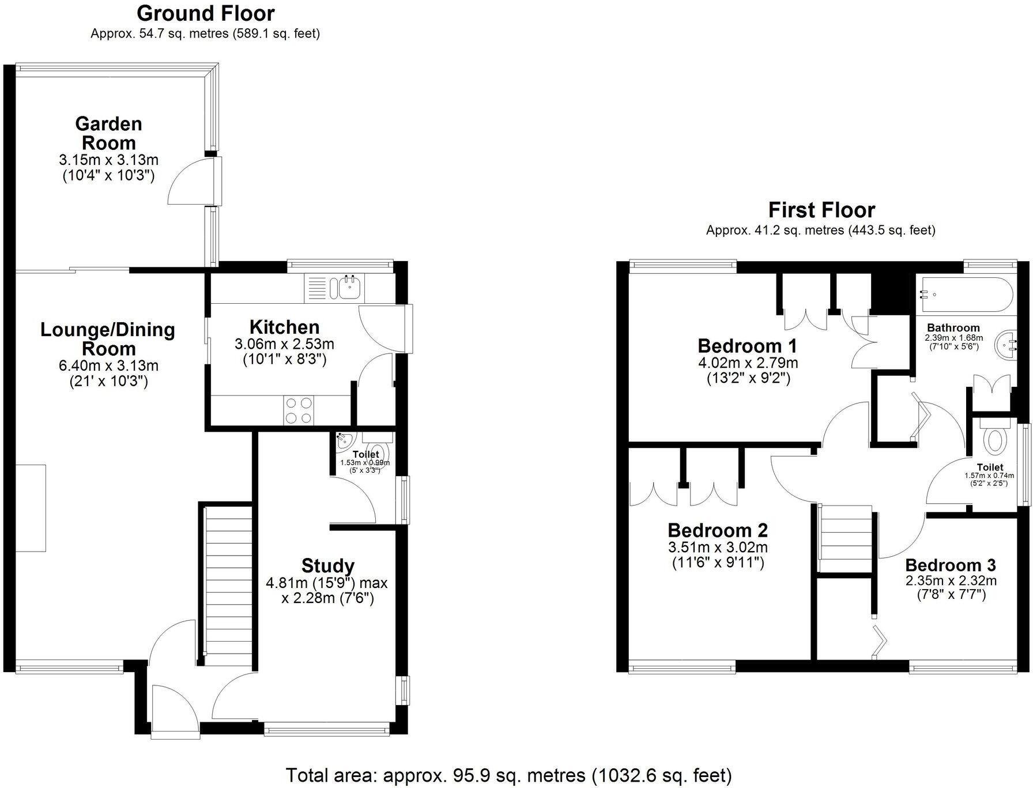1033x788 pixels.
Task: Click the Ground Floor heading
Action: (x=205, y=13)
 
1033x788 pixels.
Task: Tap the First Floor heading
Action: (x=821, y=210)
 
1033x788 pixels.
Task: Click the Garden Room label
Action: (x=108, y=133)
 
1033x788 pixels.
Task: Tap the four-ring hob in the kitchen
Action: (x=299, y=410)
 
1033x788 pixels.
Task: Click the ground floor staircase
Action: (x=229, y=582)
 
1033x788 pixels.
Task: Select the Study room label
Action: (x=327, y=565)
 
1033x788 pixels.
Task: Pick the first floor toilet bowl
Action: (x=994, y=440)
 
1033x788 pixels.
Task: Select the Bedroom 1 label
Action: (x=747, y=346)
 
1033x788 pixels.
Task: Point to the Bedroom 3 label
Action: (x=950, y=565)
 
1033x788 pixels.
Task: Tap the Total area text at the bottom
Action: (x=508, y=775)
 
